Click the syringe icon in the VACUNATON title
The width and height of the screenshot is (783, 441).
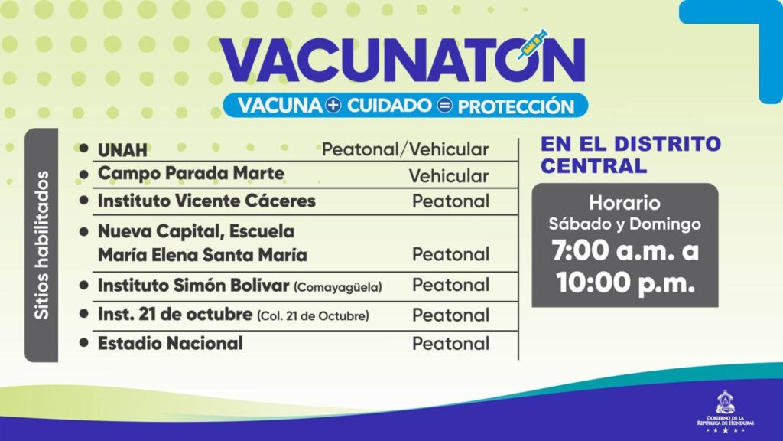click(532, 44)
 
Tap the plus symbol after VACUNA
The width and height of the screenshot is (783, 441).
click(333, 106)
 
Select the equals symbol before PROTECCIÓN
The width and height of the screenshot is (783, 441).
click(444, 106)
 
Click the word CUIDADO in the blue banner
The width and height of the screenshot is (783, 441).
click(389, 106)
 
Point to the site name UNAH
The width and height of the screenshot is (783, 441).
click(122, 150)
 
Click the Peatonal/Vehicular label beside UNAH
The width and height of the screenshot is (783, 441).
click(405, 149)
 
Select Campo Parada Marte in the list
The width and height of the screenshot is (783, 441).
click(190, 174)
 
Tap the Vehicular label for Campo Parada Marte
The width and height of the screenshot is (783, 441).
click(448, 176)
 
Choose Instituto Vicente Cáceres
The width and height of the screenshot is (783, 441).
click(206, 201)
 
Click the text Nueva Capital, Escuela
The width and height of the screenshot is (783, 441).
click(196, 231)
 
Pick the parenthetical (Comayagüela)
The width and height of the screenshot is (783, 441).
click(337, 287)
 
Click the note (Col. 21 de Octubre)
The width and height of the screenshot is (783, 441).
click(313, 316)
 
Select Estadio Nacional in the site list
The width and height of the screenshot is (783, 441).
click(171, 344)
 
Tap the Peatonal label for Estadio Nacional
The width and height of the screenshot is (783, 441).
click(450, 344)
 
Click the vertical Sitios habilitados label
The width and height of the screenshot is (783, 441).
click(41, 245)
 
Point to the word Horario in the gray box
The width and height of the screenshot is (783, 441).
click(624, 203)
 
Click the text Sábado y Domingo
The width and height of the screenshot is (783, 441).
click(624, 224)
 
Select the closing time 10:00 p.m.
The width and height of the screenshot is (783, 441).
click(625, 283)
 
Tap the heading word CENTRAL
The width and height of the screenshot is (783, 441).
click(593, 166)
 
